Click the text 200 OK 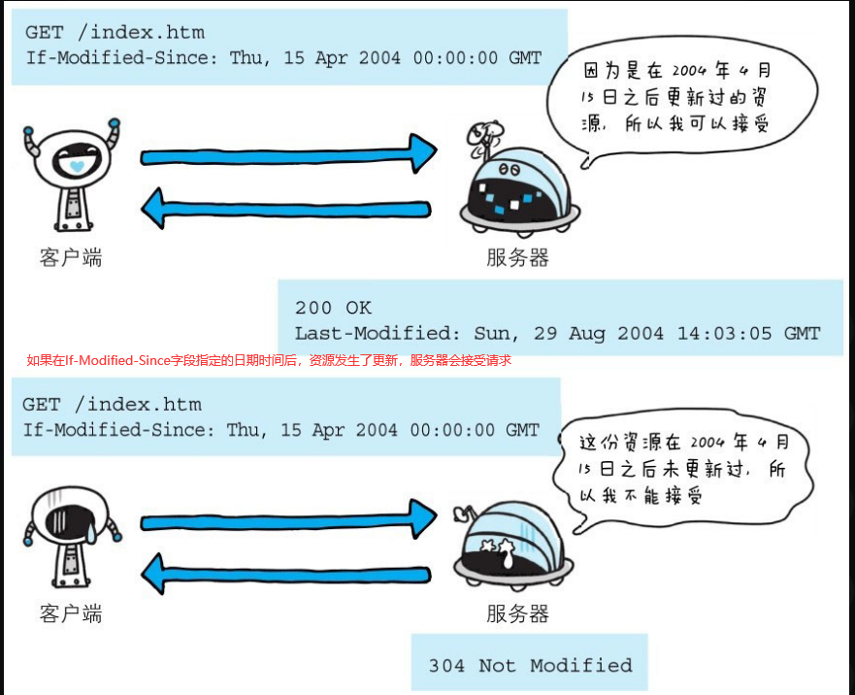333,308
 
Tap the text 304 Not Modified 530,666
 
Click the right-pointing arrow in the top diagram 288,155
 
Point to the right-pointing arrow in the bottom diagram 288,522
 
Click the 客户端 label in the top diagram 71,257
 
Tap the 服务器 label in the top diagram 517,257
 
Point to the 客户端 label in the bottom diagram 71,613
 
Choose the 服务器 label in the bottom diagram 517,613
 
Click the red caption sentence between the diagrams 269,360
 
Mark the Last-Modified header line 557,333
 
